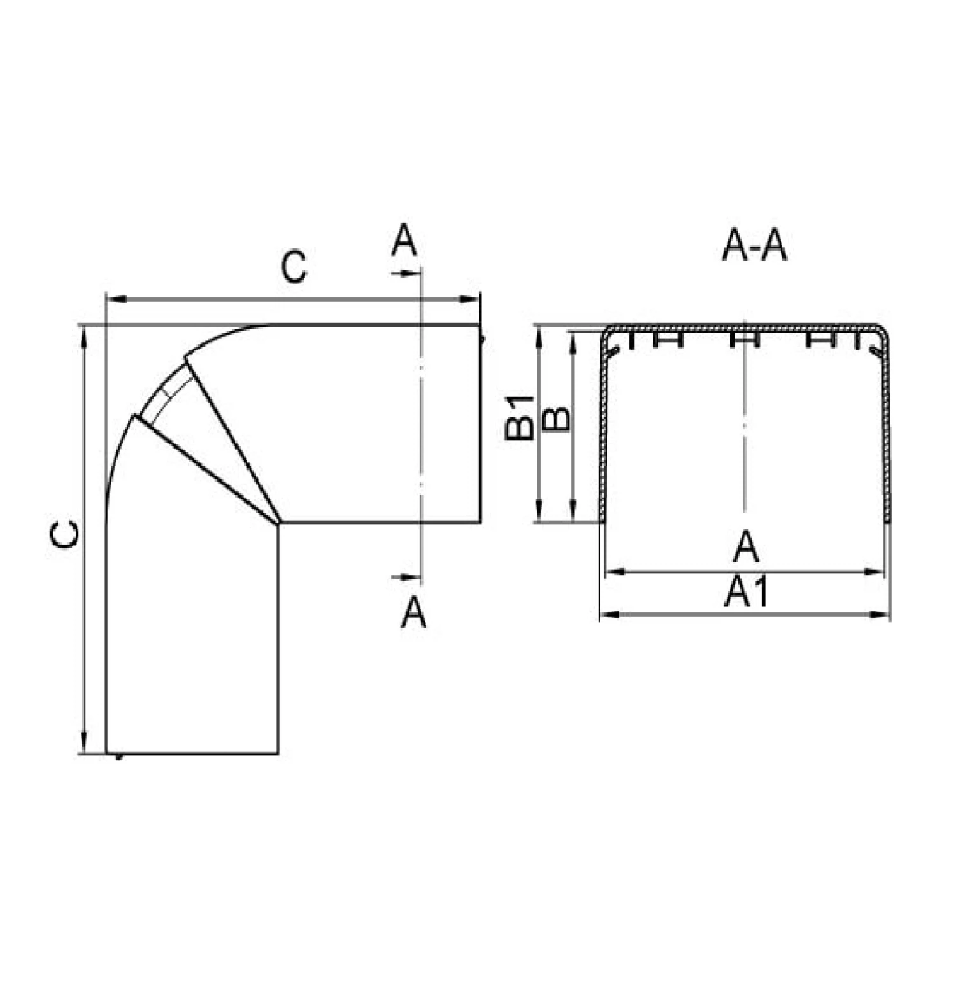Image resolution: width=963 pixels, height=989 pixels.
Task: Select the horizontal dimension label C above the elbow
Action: (294, 267)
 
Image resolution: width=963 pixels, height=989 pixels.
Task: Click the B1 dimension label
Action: (519, 417)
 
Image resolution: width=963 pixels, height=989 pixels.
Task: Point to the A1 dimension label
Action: (746, 591)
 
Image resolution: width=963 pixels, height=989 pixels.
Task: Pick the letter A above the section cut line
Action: (404, 239)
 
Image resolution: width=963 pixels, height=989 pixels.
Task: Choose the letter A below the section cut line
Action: (413, 612)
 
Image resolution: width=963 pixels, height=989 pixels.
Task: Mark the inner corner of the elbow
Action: (279, 523)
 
